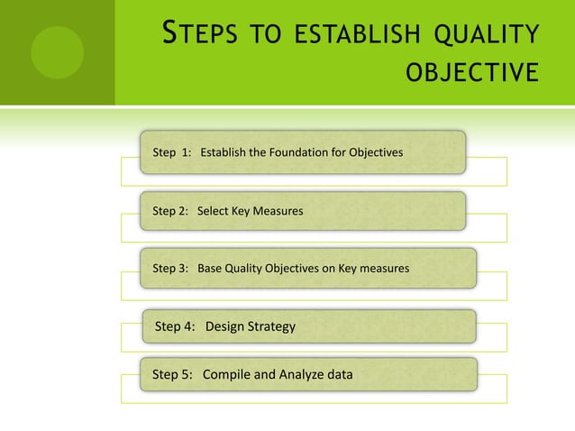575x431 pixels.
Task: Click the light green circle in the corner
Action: [57, 52]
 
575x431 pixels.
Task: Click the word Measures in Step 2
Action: [278, 211]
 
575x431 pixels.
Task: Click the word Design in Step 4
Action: [225, 326]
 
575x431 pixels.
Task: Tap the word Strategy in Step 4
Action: [271, 326]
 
